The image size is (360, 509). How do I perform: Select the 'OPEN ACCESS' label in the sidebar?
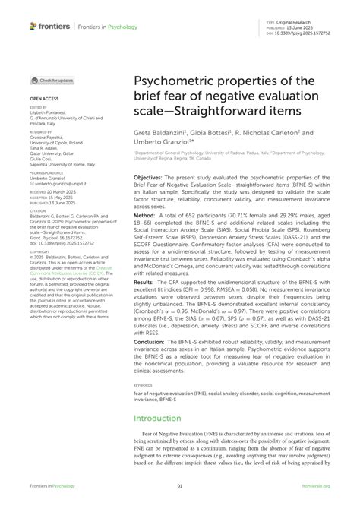pos(44,99)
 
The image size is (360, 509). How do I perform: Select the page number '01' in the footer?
pos(179,487)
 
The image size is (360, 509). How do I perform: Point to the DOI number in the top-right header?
pos(311,33)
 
